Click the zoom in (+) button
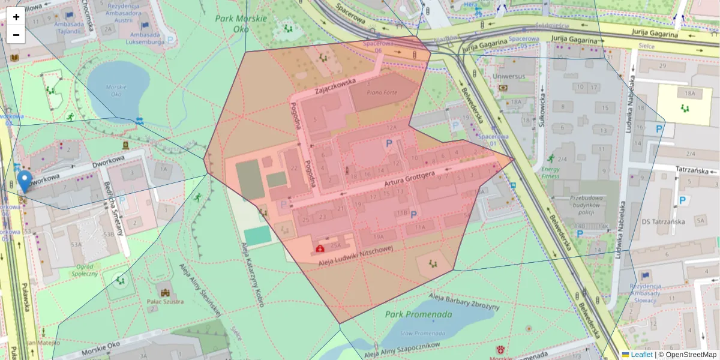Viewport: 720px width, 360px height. [x=16, y=17]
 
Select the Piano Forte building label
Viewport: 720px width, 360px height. [x=382, y=92]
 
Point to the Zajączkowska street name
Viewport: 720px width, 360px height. [x=335, y=88]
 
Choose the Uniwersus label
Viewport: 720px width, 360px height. [x=508, y=77]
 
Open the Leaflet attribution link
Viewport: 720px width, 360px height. [x=641, y=355]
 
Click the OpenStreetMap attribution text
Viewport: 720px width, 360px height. [x=691, y=355]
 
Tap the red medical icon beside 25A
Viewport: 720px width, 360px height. [x=320, y=247]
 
